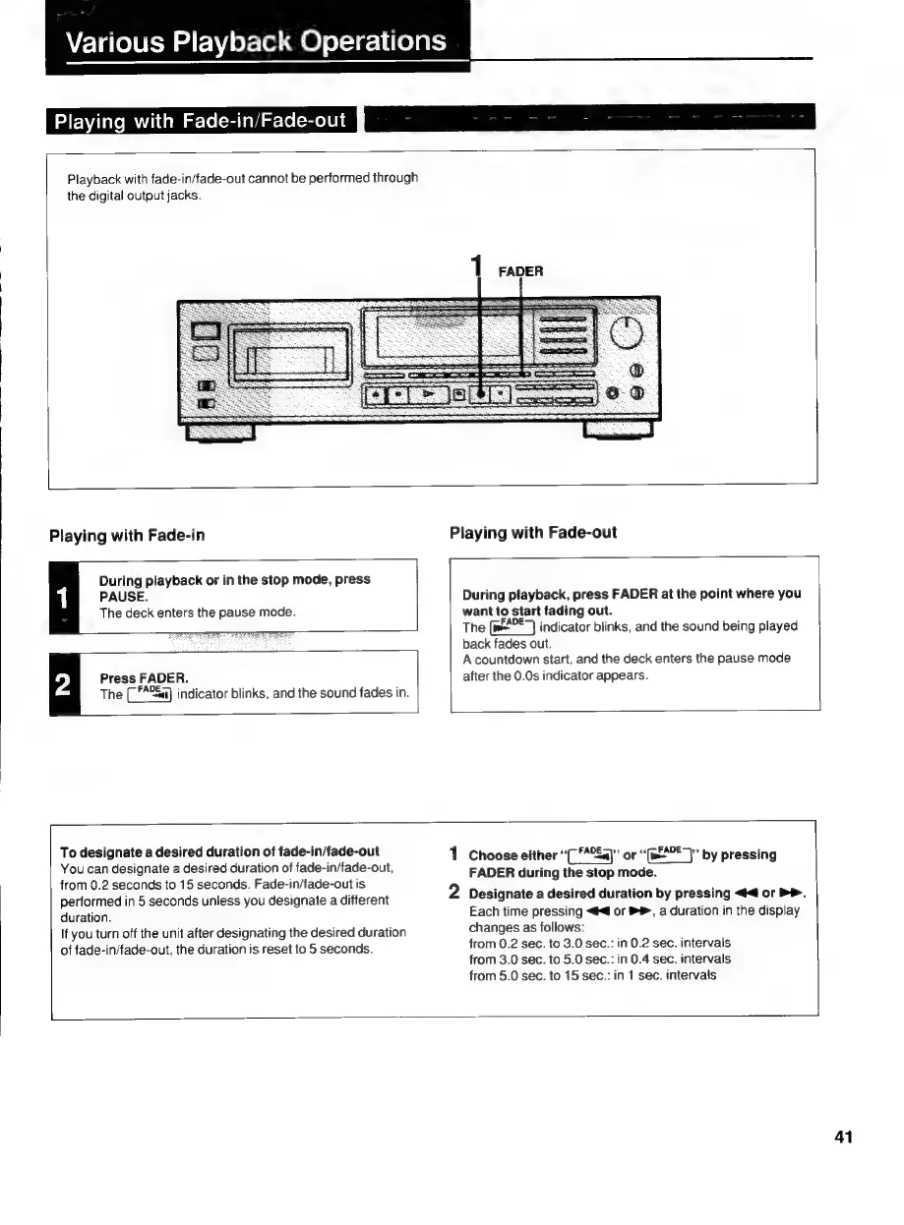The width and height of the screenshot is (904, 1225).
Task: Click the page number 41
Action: point(843,1137)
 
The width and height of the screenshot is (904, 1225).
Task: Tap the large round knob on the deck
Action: point(627,336)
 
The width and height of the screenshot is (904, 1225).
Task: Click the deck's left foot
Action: point(219,431)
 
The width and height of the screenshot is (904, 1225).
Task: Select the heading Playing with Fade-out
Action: point(533,533)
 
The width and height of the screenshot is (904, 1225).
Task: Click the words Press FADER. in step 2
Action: point(144,678)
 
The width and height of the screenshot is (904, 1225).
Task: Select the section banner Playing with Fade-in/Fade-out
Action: point(200,121)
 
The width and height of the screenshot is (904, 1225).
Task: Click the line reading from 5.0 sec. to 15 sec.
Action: point(592,975)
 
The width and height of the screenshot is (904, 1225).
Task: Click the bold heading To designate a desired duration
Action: point(219,851)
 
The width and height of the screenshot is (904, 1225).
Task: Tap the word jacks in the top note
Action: point(183,196)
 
